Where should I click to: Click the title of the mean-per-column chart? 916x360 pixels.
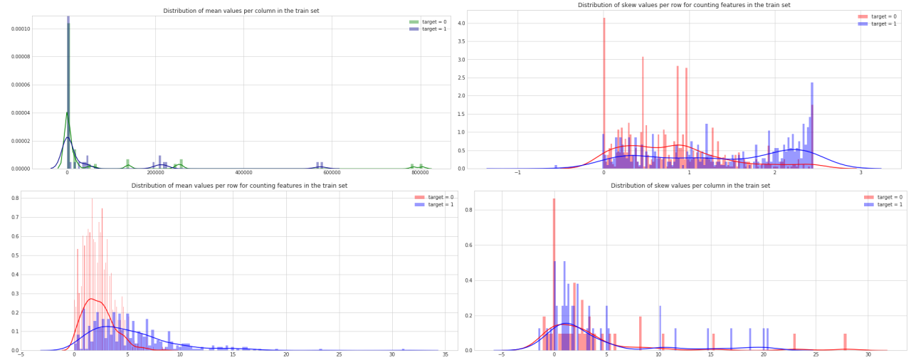click(241, 11)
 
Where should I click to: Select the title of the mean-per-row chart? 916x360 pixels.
click(239, 186)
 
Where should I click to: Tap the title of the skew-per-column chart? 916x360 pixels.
click(690, 186)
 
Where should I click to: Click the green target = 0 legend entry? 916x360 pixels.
click(428, 22)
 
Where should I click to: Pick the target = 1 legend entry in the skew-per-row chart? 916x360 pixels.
click(877, 24)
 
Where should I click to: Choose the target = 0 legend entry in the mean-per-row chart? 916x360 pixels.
click(434, 197)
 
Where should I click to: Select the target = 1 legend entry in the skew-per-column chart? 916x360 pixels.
click(883, 205)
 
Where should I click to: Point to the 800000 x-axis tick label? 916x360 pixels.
click(419, 173)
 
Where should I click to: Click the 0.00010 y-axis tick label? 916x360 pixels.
click(21, 29)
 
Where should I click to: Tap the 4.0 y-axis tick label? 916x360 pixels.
click(461, 23)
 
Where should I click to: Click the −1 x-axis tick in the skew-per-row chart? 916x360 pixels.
click(517, 172)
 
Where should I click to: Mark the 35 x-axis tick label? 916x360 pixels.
click(445, 355)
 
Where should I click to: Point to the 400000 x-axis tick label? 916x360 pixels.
click(243, 173)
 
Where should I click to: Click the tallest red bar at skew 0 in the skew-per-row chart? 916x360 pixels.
click(604, 93)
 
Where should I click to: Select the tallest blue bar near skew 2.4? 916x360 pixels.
click(812, 126)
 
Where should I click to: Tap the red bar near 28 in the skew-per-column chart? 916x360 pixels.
click(845, 342)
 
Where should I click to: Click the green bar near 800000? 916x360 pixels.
click(421, 166)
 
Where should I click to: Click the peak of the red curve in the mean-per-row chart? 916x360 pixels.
click(91, 299)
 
